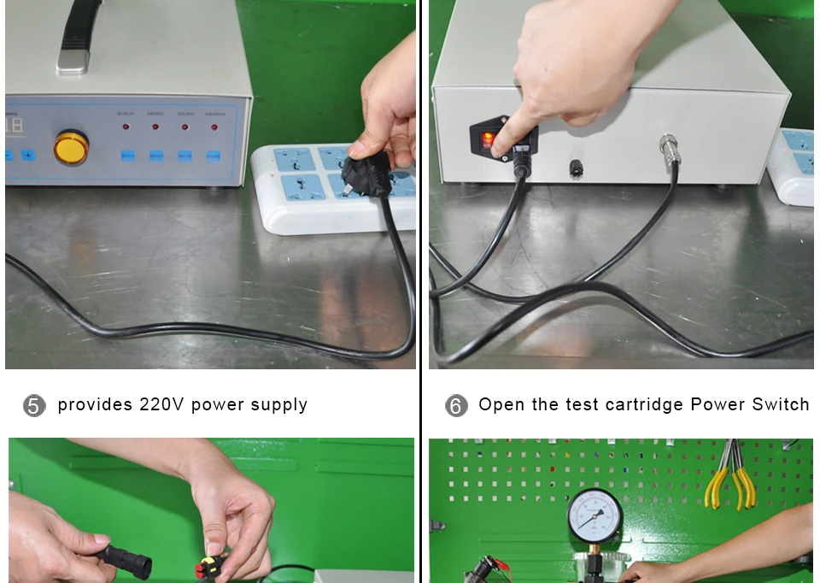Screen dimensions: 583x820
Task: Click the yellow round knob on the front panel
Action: point(71,147)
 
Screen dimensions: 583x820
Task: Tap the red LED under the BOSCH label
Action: point(126,127)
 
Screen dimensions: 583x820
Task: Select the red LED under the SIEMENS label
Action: point(214,127)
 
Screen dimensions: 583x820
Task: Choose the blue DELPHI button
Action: point(184,156)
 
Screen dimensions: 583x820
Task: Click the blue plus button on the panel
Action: point(28,156)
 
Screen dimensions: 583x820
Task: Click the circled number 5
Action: point(33,405)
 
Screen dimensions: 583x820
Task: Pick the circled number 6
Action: point(456,405)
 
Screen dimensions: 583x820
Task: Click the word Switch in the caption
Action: point(780,404)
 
